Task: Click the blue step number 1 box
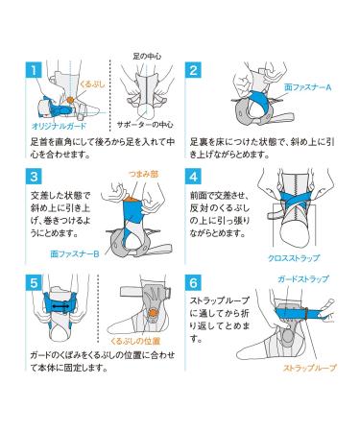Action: tap(34, 69)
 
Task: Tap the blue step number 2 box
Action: tap(193, 69)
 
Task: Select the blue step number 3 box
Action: tap(34, 177)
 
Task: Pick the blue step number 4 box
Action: tap(193, 177)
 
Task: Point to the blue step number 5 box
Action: tap(34, 283)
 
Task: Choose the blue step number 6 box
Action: tap(193, 283)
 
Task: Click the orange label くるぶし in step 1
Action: tap(92, 84)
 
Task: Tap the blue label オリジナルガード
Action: tap(60, 126)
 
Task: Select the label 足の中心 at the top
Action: tap(147, 57)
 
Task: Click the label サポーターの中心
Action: tap(145, 125)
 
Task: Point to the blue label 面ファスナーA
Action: tap(308, 87)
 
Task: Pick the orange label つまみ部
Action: tap(143, 174)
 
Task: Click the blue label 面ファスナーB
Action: tap(75, 254)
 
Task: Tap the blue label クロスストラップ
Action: tap(294, 258)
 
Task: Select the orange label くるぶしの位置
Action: tap(135, 341)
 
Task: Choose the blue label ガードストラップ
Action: tap(303, 279)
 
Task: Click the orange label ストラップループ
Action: tap(310, 368)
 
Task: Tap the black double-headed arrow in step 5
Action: tap(60, 306)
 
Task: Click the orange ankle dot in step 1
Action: tap(71, 100)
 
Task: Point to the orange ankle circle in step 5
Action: tap(154, 313)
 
